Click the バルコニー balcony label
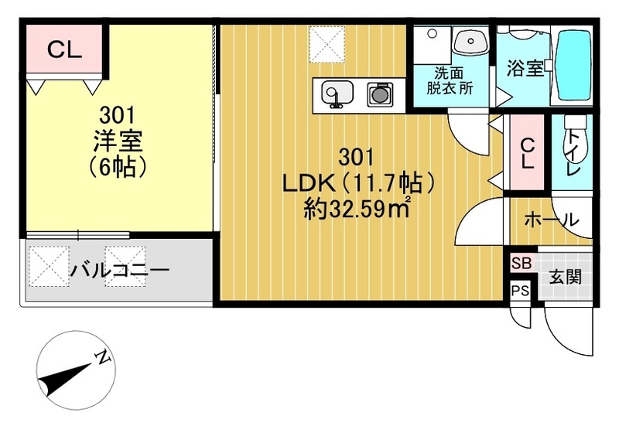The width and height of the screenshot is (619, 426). click(x=119, y=271)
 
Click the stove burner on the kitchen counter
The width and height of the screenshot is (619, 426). click(x=378, y=94)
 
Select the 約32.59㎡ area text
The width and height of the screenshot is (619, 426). click(x=356, y=210)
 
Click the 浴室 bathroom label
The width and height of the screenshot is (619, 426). click(x=525, y=69)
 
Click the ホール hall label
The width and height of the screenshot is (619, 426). click(x=551, y=220)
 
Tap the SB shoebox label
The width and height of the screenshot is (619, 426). click(x=520, y=263)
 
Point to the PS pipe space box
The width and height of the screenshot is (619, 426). click(x=520, y=291)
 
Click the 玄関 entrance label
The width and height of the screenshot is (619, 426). click(x=566, y=277)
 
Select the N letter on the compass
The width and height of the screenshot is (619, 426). click(x=102, y=356)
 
